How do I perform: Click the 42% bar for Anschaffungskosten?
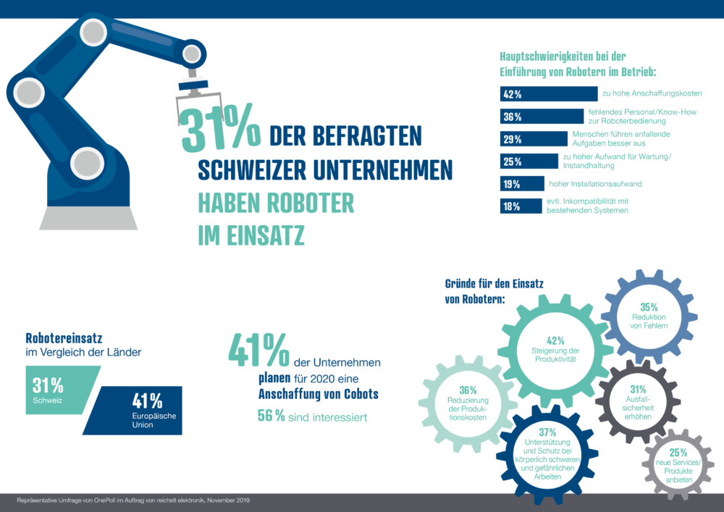point(549,93)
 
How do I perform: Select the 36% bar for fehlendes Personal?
point(542,117)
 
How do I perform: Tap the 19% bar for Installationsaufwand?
point(522,184)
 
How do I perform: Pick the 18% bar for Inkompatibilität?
point(521,206)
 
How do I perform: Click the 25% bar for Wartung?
point(529,161)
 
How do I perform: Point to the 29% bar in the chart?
point(534,139)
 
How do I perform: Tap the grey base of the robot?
point(88,218)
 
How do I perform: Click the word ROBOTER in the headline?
point(311,203)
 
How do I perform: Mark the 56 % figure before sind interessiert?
point(271,416)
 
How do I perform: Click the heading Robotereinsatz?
point(64,338)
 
